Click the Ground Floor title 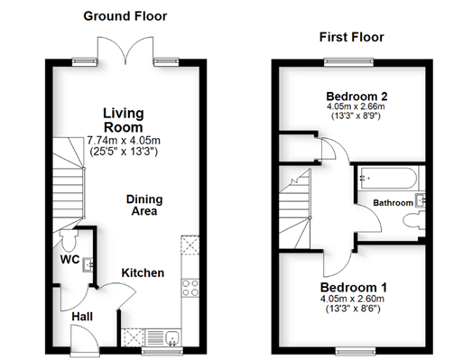tap(125, 16)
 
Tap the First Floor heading tap(351, 37)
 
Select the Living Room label tap(124, 120)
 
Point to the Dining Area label tap(144, 205)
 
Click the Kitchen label tap(143, 273)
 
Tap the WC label tap(69, 260)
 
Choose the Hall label tap(82, 317)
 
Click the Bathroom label tap(393, 203)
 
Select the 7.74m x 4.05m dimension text tap(124, 141)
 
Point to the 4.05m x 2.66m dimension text tap(356, 106)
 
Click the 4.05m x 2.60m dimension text tap(352, 299)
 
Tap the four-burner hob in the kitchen tap(190, 288)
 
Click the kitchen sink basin tap(172, 337)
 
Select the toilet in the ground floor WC tap(69, 240)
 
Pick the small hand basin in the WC tap(88, 264)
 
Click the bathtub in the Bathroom tap(388, 178)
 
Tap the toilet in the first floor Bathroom tap(413, 221)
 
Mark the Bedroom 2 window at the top tap(348, 61)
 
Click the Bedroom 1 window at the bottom tap(356, 351)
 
